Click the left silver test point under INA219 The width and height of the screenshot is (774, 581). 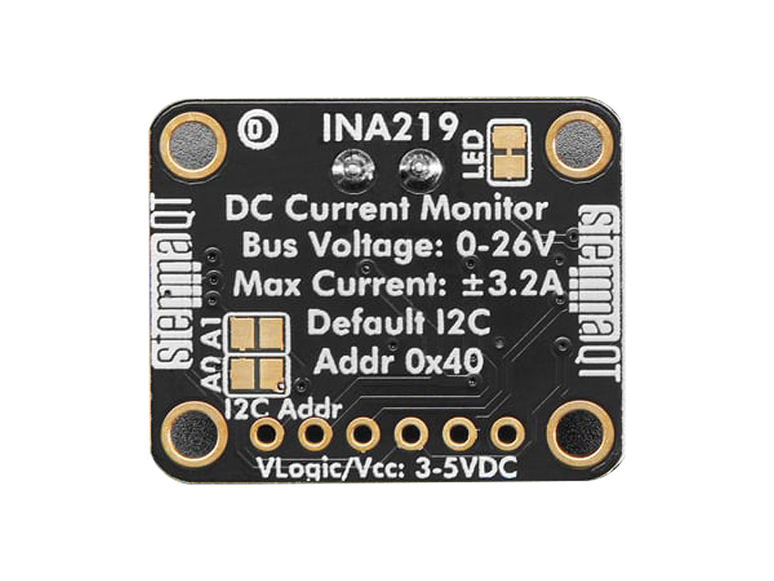point(352,167)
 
